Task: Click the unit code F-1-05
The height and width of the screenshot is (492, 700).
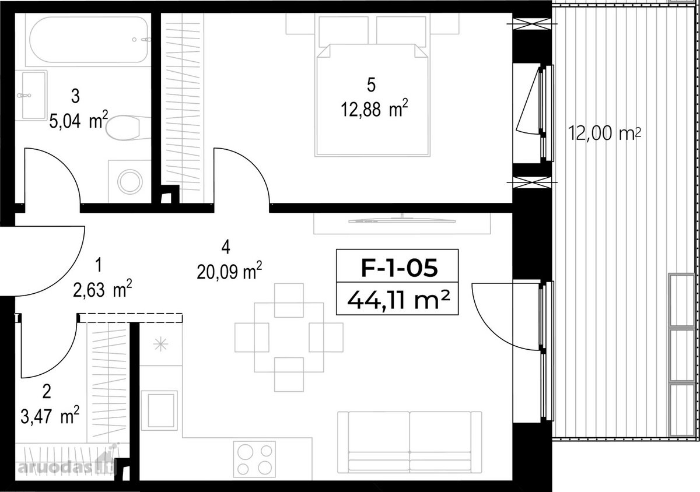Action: (x=399, y=268)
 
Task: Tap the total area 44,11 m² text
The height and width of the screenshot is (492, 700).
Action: (x=398, y=300)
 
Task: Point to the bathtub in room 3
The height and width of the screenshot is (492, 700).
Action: (x=89, y=40)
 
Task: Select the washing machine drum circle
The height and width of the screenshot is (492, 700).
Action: (x=130, y=182)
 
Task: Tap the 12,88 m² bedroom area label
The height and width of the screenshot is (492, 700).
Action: (x=374, y=108)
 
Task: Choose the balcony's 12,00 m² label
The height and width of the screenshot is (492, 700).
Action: (x=604, y=133)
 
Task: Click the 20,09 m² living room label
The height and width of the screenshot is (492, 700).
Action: (x=229, y=270)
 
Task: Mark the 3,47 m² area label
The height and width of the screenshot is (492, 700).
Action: (x=50, y=415)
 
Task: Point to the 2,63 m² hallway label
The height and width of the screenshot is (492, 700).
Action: (x=103, y=288)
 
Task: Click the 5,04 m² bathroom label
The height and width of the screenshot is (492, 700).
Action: (x=79, y=120)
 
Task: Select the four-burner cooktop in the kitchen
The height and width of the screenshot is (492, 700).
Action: (x=254, y=459)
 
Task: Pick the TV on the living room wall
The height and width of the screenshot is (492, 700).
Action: (x=402, y=220)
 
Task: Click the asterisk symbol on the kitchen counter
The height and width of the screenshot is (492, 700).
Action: (x=160, y=345)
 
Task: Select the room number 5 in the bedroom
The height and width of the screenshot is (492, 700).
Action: (x=371, y=85)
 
